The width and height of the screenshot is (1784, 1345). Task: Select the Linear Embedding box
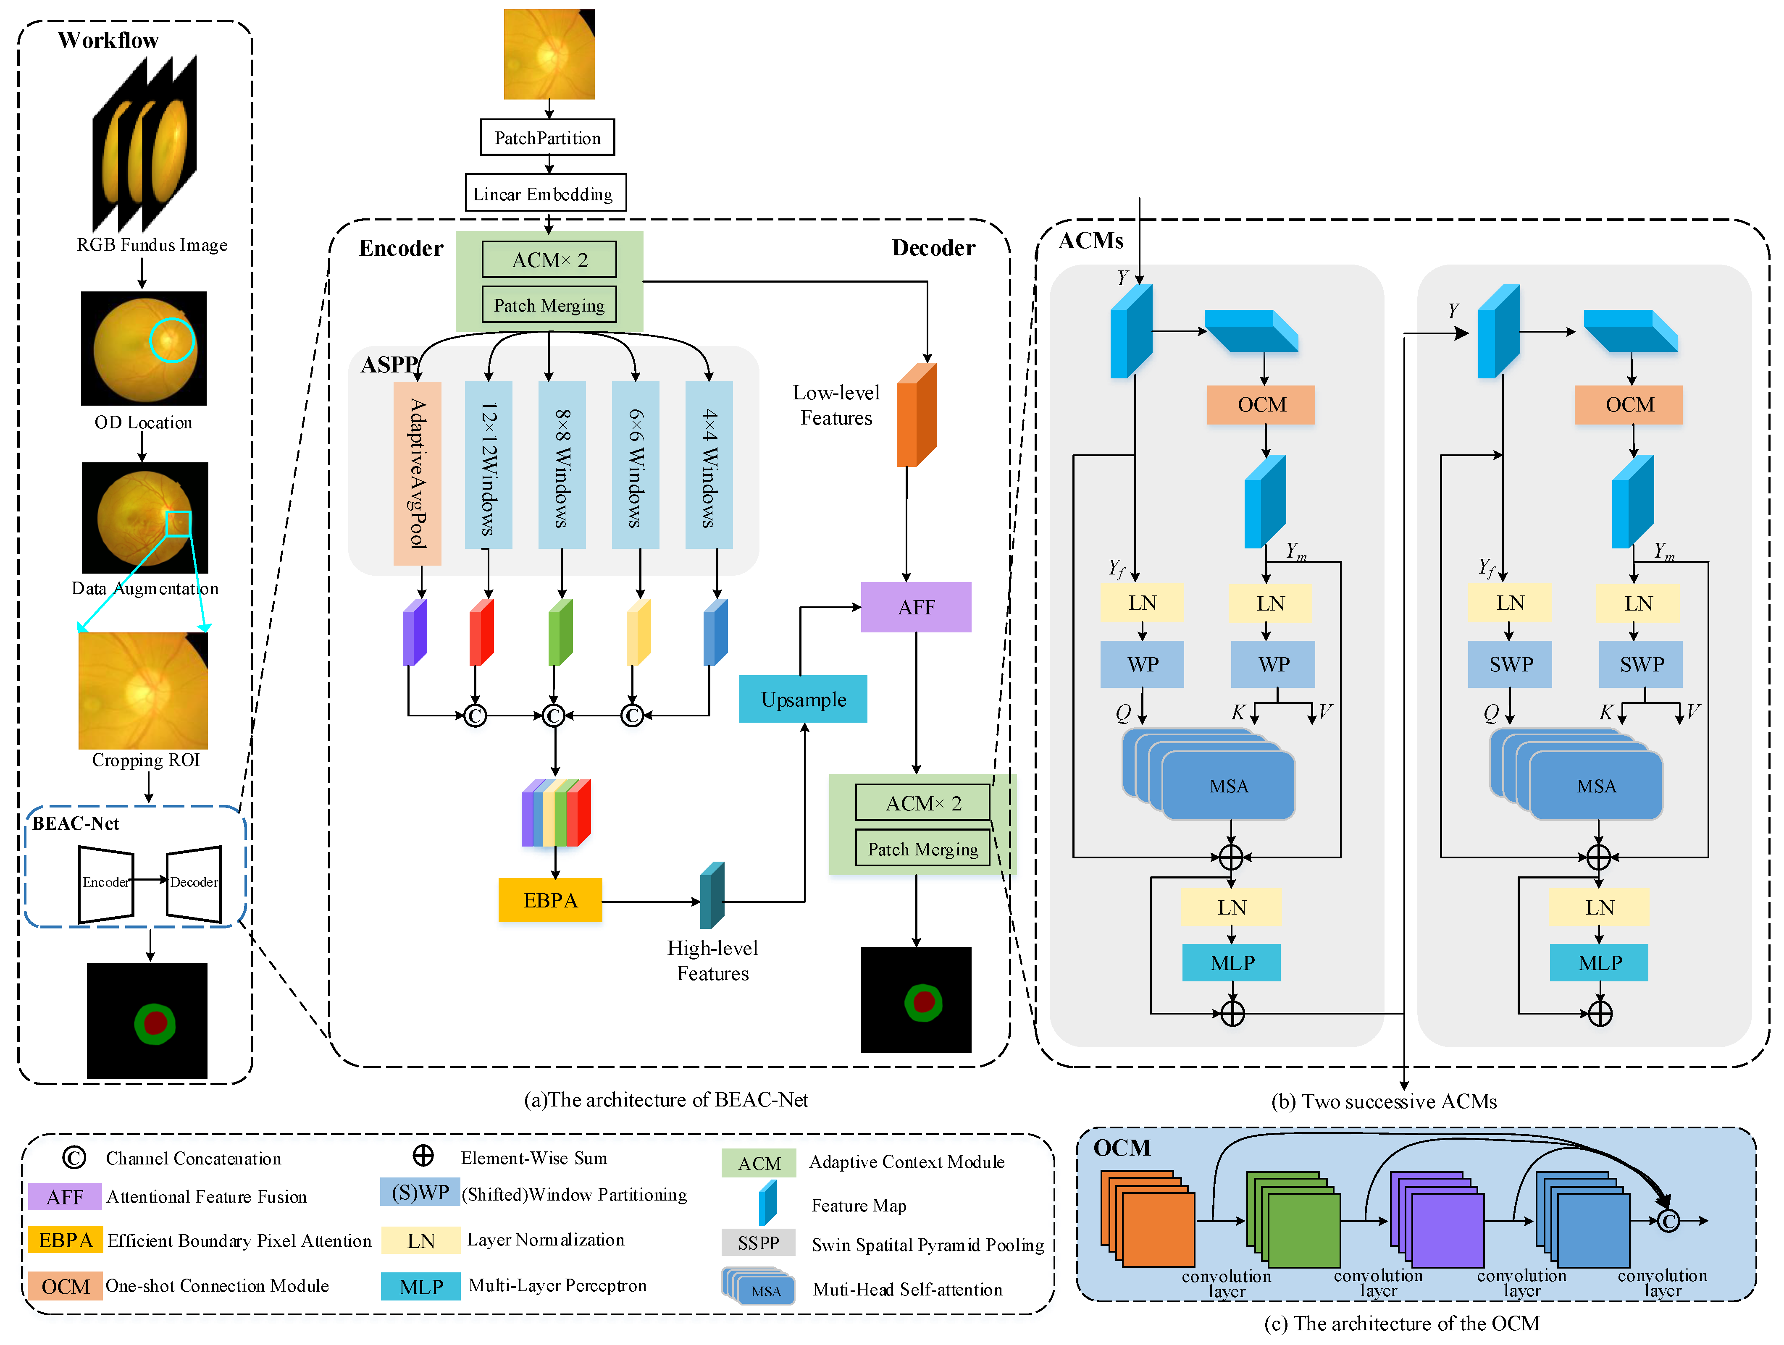(x=545, y=194)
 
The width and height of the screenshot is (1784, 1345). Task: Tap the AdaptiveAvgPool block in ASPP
(x=417, y=473)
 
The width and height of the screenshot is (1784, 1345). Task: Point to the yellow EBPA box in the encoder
(x=550, y=900)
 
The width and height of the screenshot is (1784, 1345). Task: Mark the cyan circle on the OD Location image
(x=172, y=339)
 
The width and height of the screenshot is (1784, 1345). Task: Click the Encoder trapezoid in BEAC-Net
(x=106, y=883)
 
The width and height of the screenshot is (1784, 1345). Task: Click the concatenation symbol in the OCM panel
(x=1668, y=1221)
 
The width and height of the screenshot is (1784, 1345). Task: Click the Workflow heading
(x=108, y=40)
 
